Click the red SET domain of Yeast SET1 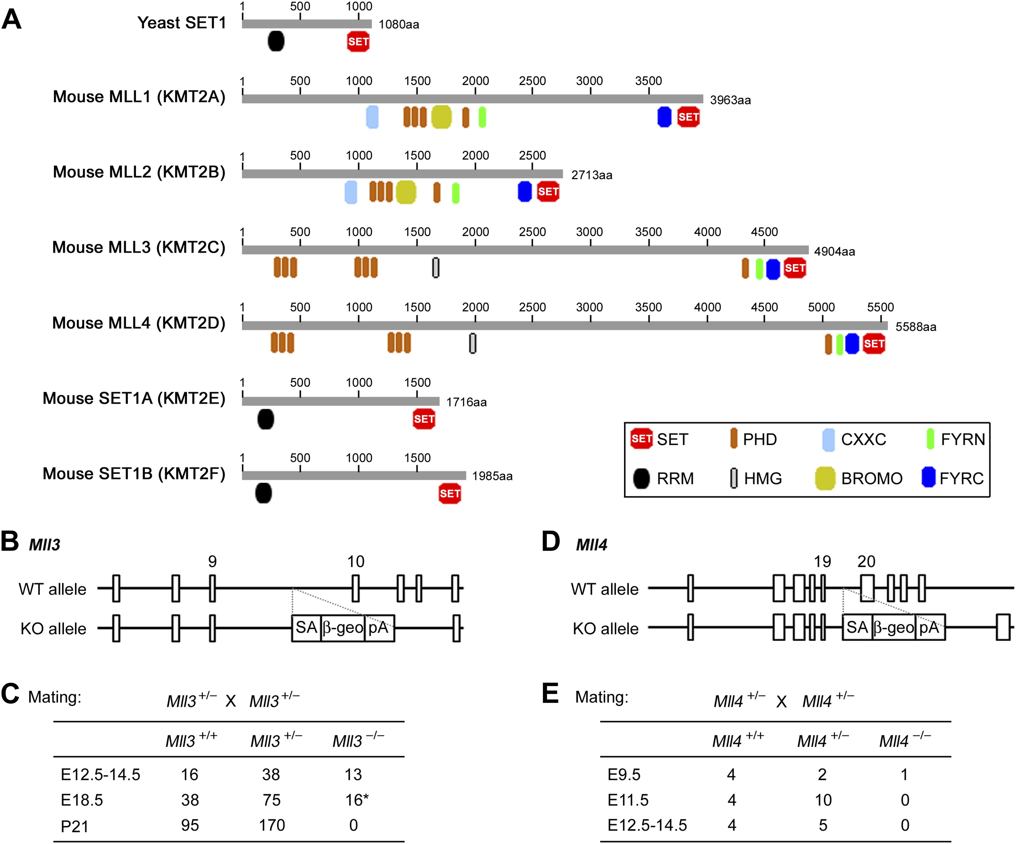tap(358, 42)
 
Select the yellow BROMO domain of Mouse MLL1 tap(441, 117)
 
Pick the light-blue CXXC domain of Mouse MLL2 tap(351, 192)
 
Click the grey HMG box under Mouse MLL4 tap(473, 343)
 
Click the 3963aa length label tap(730, 100)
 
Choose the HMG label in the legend tap(762, 478)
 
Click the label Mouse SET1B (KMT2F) tap(134, 473)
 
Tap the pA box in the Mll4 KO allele tap(929, 627)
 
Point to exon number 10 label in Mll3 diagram tap(355, 561)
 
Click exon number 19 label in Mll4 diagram tap(822, 561)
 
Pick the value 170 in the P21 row tap(272, 825)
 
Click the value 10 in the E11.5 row tap(823, 800)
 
